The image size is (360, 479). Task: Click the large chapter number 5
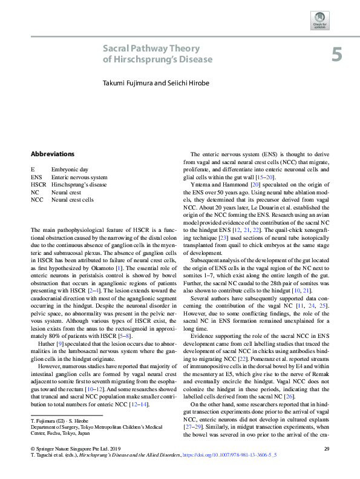pos(336,56)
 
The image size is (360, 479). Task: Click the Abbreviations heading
pos(53,154)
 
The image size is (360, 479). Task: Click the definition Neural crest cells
pos(73,199)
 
